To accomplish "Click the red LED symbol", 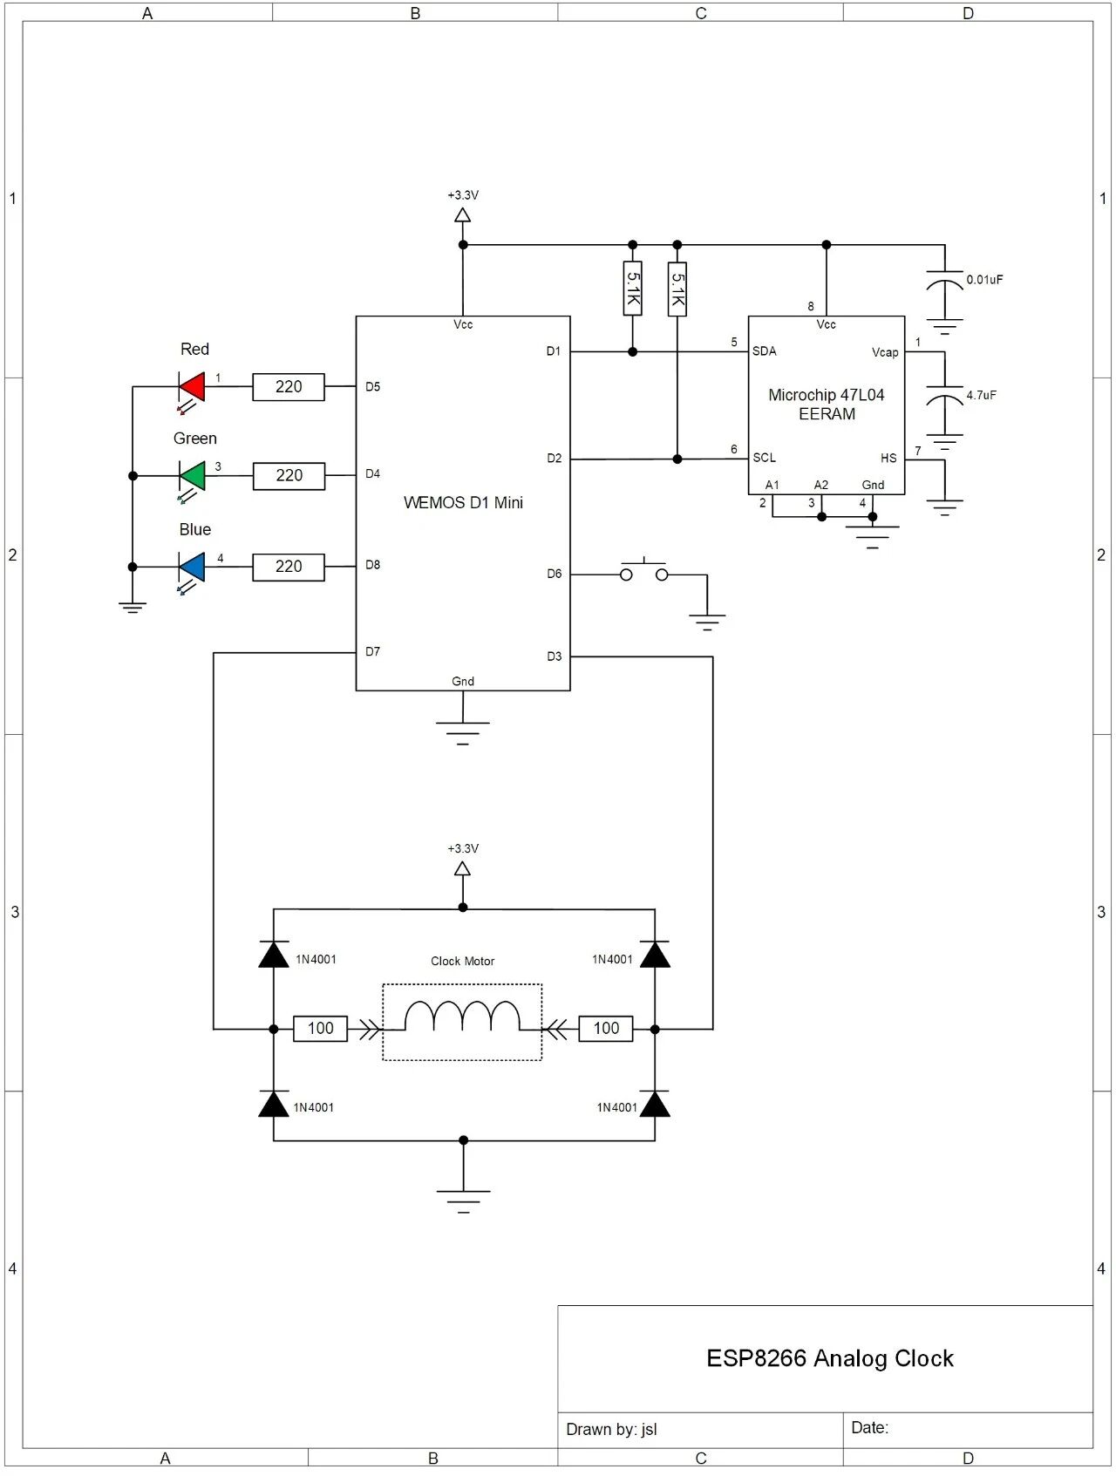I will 192,386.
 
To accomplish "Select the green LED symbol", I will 192,476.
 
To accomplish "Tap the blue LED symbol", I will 192,567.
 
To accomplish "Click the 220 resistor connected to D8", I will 289,567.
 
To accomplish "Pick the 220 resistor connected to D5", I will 289,387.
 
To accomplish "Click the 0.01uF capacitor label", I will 984,280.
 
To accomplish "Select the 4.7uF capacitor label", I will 981,395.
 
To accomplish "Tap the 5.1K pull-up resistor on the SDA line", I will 633,288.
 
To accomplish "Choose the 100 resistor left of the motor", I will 320,1029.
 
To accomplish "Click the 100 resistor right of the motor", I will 606,1029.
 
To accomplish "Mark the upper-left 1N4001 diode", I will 274,956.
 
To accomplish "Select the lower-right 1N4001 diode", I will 655,1105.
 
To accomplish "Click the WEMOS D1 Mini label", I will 463,503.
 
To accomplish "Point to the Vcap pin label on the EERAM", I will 884,352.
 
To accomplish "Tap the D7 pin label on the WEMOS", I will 372,652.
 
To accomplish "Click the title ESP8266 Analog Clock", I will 829,1358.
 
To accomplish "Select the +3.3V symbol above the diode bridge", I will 463,867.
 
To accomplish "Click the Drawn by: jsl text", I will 611,1429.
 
